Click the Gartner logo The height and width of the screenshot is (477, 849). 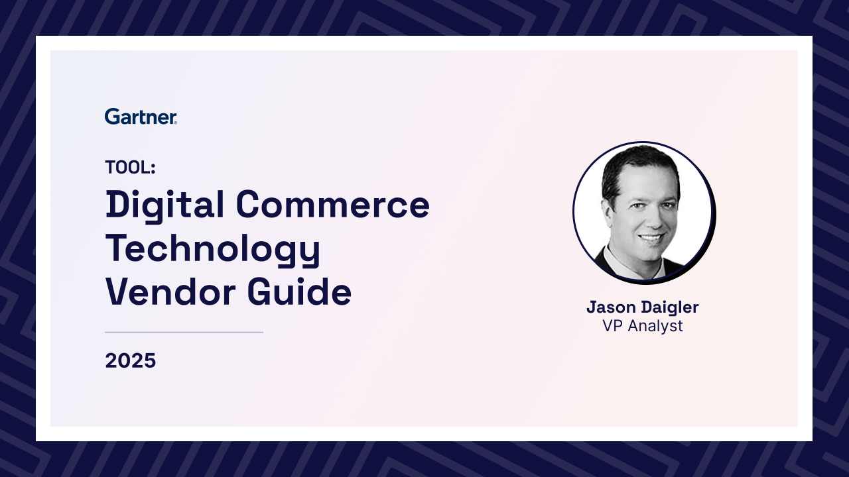click(x=141, y=117)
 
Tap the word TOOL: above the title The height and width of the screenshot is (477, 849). click(x=131, y=167)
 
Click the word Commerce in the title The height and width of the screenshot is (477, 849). click(x=333, y=205)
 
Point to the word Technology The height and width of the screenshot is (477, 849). click(x=213, y=250)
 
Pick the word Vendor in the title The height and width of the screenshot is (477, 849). click(x=170, y=291)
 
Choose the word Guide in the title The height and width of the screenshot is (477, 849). click(x=299, y=291)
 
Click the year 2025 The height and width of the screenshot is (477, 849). click(x=131, y=360)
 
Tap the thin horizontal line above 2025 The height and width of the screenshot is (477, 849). click(x=184, y=333)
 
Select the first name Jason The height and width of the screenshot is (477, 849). click(x=612, y=307)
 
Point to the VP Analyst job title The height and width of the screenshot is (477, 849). click(x=643, y=326)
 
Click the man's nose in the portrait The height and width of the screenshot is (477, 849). click(x=653, y=220)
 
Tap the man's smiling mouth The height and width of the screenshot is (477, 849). click(x=651, y=238)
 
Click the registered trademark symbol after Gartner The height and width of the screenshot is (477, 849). click(x=175, y=123)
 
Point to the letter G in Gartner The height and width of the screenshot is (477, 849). click(x=112, y=117)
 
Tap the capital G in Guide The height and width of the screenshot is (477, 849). click(x=259, y=291)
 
